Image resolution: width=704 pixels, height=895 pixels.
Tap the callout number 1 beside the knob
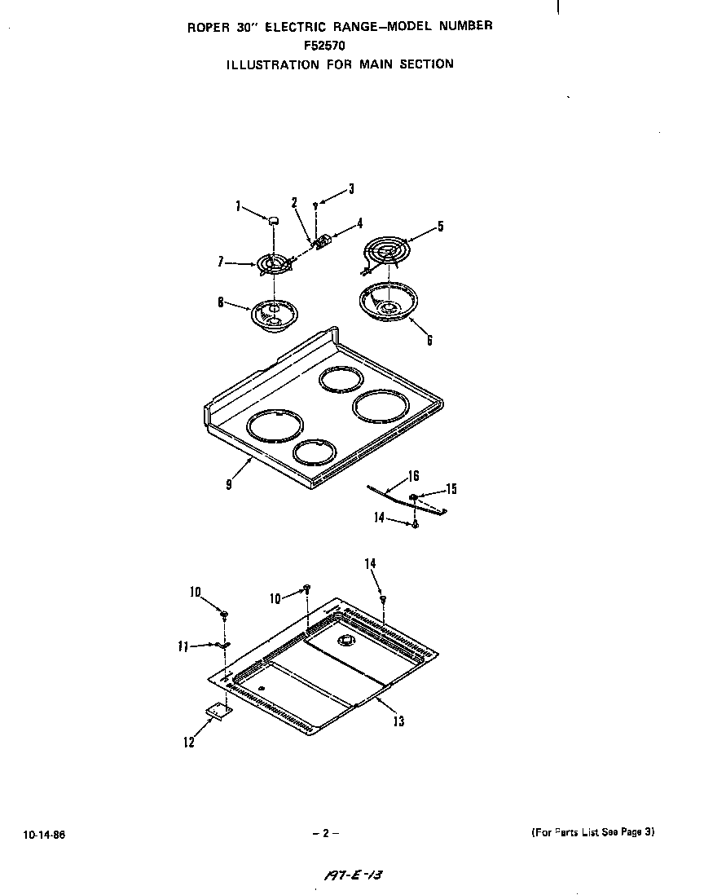(239, 207)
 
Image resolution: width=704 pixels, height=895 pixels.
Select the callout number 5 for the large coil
(440, 227)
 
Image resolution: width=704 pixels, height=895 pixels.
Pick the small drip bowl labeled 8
(274, 313)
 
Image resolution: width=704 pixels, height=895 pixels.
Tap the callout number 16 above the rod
(414, 476)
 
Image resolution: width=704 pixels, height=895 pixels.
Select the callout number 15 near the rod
(451, 489)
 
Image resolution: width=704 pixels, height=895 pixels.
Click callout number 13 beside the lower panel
(398, 721)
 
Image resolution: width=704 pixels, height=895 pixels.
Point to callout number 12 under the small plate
(189, 743)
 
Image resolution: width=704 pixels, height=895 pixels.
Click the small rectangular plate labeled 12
(218, 711)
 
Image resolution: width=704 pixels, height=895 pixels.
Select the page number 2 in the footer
(324, 833)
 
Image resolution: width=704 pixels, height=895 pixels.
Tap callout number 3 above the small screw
(351, 189)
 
